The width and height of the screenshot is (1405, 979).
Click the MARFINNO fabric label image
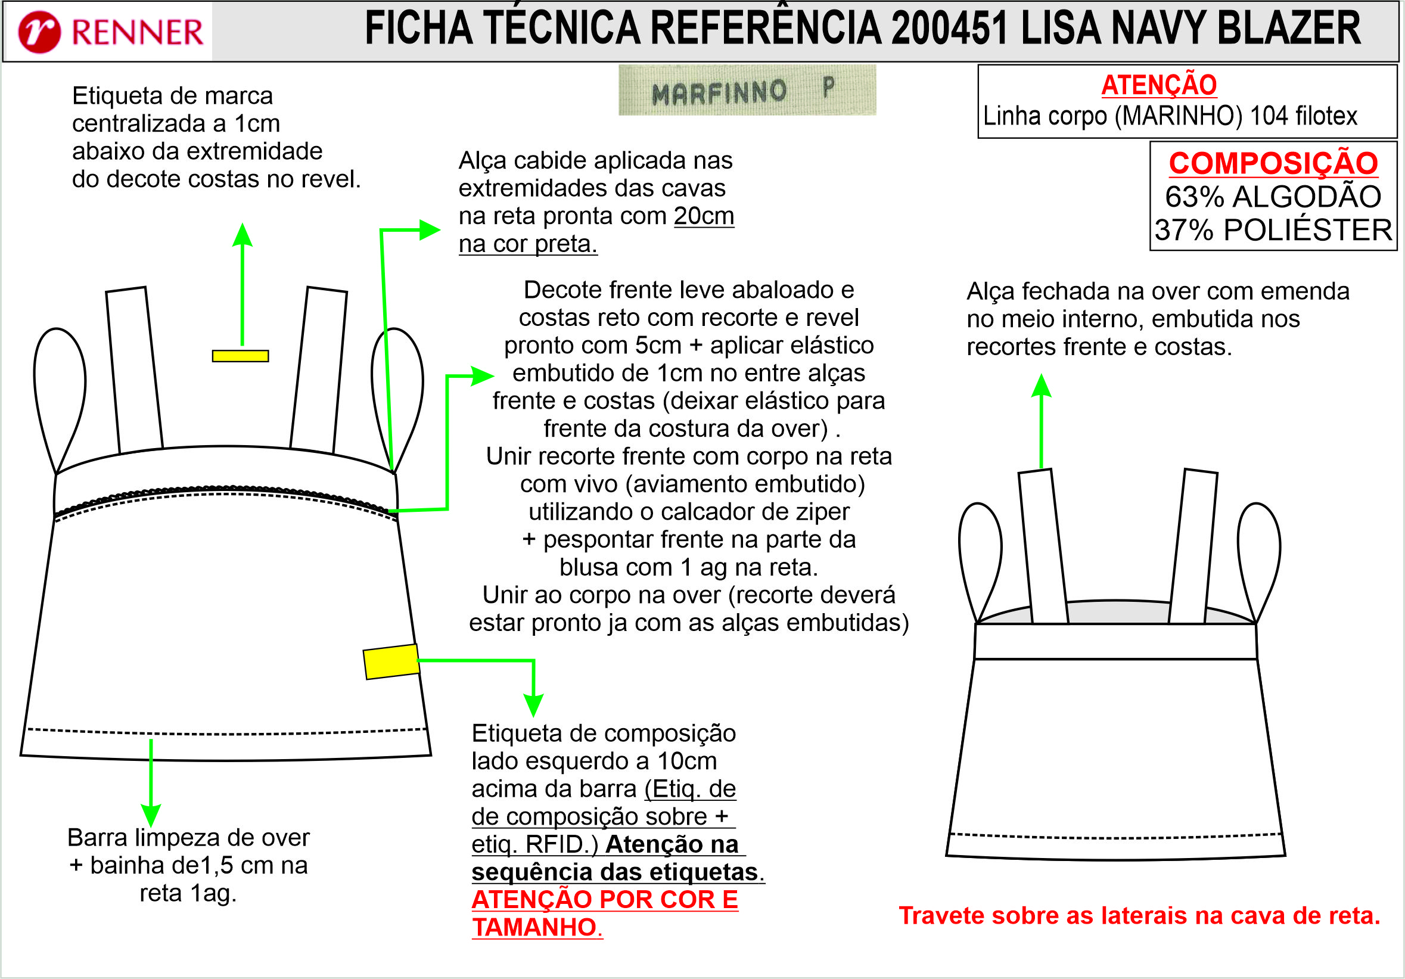point(747,90)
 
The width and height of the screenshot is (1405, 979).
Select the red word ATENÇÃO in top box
point(1159,85)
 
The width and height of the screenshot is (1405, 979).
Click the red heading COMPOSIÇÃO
point(1273,163)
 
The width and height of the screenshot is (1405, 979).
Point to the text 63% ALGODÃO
point(1273,197)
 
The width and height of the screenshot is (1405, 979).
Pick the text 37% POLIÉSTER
point(1273,230)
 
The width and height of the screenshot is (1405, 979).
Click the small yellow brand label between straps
point(241,356)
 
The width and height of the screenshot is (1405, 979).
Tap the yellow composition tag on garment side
point(391,661)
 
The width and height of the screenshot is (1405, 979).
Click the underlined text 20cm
point(704,216)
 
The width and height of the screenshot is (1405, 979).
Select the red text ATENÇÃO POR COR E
point(605,900)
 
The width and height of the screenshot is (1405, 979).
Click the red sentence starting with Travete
point(1139,915)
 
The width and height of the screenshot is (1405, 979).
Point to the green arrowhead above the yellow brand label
point(243,234)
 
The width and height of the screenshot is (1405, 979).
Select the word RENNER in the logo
point(137,32)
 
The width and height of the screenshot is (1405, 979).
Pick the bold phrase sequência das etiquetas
point(614,872)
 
